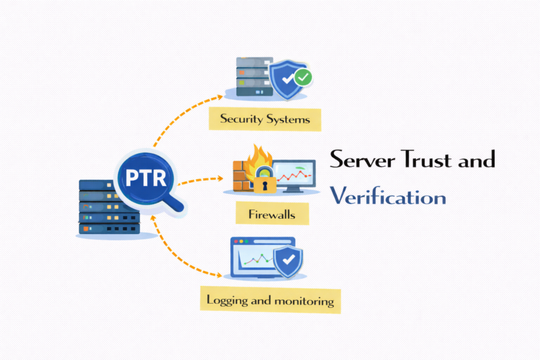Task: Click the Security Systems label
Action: (x=265, y=119)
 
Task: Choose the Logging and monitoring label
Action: (x=270, y=300)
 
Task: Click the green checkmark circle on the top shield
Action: (x=303, y=78)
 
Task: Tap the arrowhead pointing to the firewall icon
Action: (x=220, y=178)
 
